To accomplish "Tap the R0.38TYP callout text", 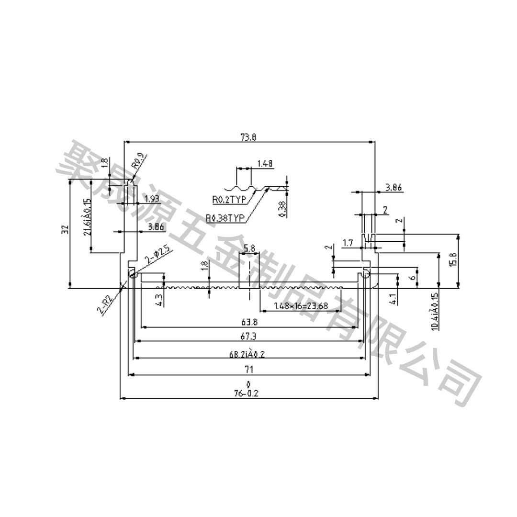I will click(x=225, y=219).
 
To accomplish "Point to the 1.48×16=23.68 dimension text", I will click(x=301, y=306).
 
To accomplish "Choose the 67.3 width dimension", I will click(x=248, y=337).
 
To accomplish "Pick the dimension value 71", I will click(x=248, y=369).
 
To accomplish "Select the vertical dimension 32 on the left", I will click(x=65, y=230).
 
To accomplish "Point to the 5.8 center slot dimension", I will click(x=249, y=248).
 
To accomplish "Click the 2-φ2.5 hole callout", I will click(x=157, y=256).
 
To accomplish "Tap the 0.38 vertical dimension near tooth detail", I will click(x=282, y=209).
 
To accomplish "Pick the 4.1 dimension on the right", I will click(x=393, y=300).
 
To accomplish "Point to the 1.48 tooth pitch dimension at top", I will click(x=265, y=164).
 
